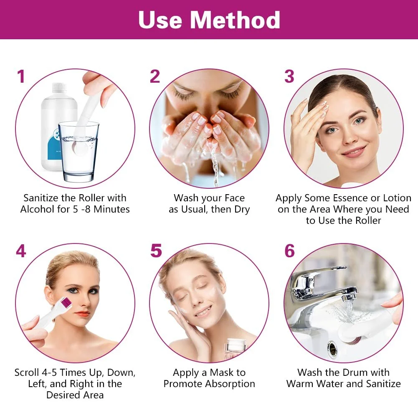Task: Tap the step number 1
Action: (21, 77)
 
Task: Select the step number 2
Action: (155, 77)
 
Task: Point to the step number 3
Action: (289, 77)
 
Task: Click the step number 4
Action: (21, 251)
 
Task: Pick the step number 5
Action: (156, 251)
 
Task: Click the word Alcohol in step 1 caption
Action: (37, 209)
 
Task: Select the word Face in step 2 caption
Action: (231, 198)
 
